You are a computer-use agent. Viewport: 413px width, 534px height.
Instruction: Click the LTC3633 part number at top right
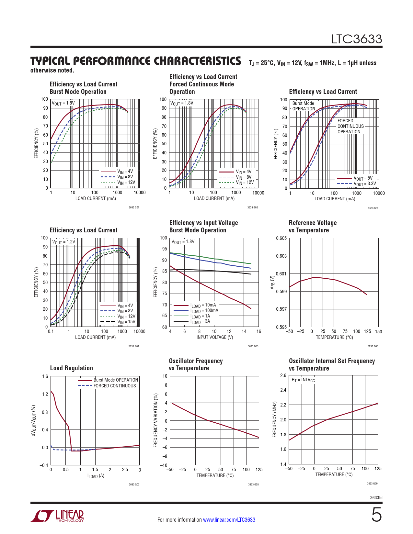tap(356, 39)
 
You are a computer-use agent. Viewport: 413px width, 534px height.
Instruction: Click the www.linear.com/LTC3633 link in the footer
tap(229, 520)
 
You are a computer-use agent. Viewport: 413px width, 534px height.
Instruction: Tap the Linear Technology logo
tap(57, 516)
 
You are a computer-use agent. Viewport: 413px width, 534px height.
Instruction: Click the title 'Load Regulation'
tap(71, 368)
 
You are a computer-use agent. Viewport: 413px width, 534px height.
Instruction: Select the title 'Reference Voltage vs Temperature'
tap(313, 227)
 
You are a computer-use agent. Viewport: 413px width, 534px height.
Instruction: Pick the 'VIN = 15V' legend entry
tap(126, 322)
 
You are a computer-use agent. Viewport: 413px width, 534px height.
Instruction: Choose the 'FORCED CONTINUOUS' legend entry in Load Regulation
tap(115, 386)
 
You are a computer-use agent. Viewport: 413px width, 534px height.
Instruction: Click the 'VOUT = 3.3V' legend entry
tap(365, 184)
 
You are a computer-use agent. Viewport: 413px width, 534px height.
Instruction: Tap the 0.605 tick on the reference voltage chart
tap(281, 238)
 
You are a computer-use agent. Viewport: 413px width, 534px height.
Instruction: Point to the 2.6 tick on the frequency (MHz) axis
tap(283, 375)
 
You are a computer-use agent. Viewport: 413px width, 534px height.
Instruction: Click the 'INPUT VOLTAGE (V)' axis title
tap(215, 337)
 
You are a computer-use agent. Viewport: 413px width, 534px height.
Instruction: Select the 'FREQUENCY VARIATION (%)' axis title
tap(156, 420)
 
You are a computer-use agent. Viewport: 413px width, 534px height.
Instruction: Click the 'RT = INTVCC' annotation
tap(303, 380)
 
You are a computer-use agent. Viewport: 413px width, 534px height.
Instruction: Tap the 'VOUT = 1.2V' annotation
tap(63, 242)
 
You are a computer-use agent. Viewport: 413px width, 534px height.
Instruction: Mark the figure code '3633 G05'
tap(253, 346)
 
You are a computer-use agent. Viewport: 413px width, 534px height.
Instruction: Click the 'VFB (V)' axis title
tap(272, 282)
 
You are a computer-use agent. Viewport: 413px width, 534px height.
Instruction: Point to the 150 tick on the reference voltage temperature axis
tap(378, 332)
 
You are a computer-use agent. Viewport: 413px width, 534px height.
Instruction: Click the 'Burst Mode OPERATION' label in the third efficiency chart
tap(304, 106)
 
